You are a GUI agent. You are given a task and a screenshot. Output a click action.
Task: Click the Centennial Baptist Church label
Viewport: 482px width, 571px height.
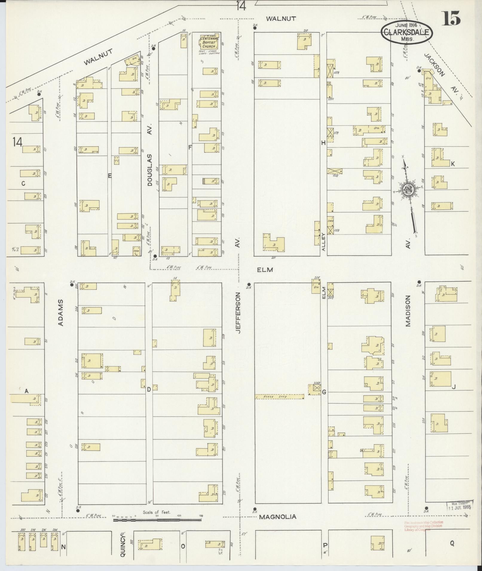coord(209,42)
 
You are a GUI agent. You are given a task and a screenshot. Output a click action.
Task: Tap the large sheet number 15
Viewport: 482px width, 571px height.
coord(451,19)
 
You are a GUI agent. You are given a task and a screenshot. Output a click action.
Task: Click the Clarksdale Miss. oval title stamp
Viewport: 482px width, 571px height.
coord(407,33)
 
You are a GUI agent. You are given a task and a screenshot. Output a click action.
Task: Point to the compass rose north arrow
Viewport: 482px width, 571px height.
coord(408,191)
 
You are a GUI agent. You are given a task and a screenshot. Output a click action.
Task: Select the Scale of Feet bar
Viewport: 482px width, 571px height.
coord(157,520)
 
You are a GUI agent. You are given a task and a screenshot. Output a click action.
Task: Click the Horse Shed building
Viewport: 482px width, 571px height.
coord(279,397)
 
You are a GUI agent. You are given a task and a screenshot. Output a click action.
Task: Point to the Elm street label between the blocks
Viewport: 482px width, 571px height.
coord(265,270)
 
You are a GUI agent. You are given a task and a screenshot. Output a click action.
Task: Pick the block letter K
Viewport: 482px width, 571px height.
coord(453,164)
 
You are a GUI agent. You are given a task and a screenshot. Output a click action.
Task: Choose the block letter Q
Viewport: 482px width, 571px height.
coord(452,544)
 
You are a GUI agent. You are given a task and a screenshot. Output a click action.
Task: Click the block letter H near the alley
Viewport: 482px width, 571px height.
coord(323,143)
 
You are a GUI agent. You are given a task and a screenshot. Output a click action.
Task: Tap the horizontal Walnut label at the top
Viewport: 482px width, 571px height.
coord(281,19)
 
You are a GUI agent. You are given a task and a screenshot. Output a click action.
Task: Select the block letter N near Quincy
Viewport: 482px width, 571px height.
coord(63,547)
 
